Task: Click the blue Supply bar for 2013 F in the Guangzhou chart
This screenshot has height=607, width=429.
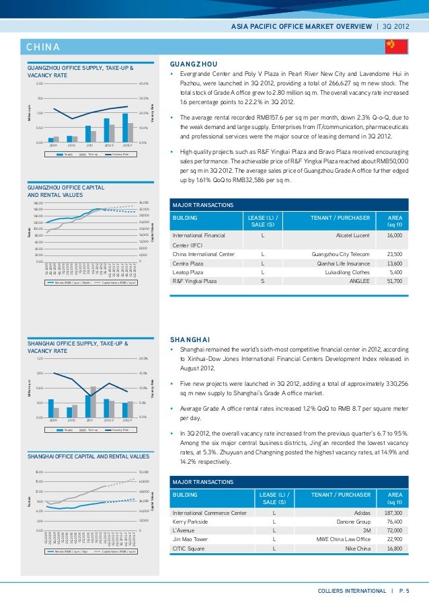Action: pos(125,128)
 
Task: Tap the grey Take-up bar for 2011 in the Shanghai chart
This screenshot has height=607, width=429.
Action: pos(93,402)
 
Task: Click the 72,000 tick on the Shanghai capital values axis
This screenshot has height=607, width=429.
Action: pos(143,472)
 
